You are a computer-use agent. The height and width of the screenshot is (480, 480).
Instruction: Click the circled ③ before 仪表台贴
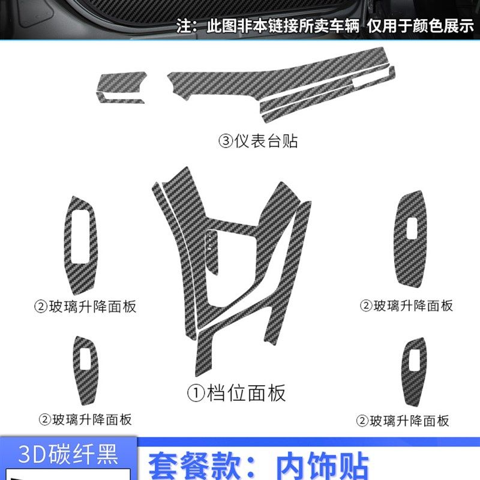(x=225, y=142)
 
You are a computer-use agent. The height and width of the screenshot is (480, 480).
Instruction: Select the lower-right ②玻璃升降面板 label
(x=403, y=421)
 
